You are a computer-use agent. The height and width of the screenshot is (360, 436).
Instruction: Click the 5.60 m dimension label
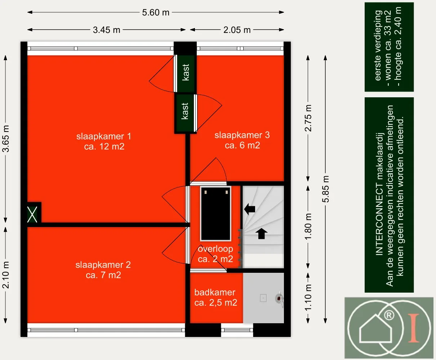[156, 13]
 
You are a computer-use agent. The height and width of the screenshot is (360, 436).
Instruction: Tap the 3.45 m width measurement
[107, 30]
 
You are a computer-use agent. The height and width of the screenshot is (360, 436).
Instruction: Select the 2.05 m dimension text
[237, 30]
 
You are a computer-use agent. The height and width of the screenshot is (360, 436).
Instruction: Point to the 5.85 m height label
[325, 189]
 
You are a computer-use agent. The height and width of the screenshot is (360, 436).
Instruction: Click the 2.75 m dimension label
[308, 118]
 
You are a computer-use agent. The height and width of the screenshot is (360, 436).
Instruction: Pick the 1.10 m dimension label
[308, 298]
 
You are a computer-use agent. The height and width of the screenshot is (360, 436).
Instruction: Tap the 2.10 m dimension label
[6, 275]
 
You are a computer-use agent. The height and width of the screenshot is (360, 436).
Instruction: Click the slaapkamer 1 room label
[104, 141]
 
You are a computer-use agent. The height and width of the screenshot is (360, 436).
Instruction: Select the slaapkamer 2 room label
[103, 270]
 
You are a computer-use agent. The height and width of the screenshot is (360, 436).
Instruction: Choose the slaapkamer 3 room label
[242, 140]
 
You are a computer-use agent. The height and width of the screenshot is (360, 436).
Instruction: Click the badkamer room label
[216, 297]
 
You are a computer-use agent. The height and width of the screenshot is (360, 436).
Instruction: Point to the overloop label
[215, 249]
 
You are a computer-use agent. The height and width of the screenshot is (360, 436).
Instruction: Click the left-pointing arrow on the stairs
[250, 209]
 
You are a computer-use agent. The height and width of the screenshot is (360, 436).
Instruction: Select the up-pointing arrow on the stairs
[261, 234]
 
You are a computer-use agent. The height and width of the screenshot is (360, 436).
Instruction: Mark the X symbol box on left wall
[32, 214]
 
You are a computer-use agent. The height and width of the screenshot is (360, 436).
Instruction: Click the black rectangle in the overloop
[215, 214]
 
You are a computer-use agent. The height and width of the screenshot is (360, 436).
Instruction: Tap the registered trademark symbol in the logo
[389, 315]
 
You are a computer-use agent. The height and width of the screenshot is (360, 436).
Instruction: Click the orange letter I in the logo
[414, 328]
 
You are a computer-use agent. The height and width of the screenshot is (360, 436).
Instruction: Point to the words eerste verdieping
[378, 45]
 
